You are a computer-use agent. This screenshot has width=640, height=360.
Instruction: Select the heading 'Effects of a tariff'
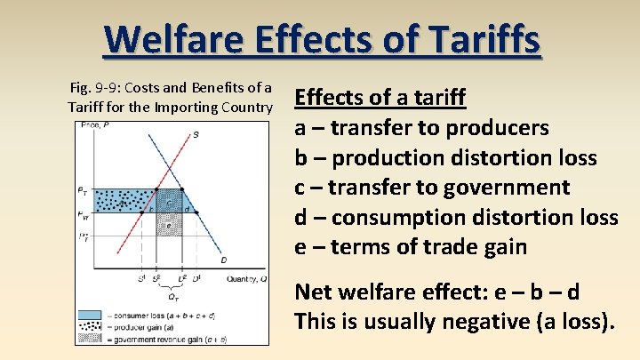pos(380,97)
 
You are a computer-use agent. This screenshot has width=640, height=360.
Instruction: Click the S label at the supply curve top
pos(195,134)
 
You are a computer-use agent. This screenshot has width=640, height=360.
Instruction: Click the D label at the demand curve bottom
pos(223,260)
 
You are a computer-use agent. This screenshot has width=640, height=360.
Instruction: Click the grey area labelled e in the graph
pos(168,226)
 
